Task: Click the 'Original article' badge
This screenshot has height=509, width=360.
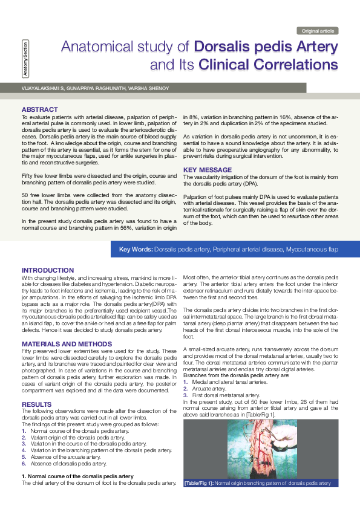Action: pyautogui.click(x=318, y=31)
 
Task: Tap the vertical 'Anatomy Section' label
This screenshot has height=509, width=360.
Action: pyautogui.click(x=24, y=59)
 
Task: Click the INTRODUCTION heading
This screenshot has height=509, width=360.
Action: pyautogui.click(x=48, y=270)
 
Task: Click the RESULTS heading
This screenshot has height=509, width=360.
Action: pyautogui.click(x=36, y=404)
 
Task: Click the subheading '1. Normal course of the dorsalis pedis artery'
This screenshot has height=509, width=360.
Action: pyautogui.click(x=77, y=476)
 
